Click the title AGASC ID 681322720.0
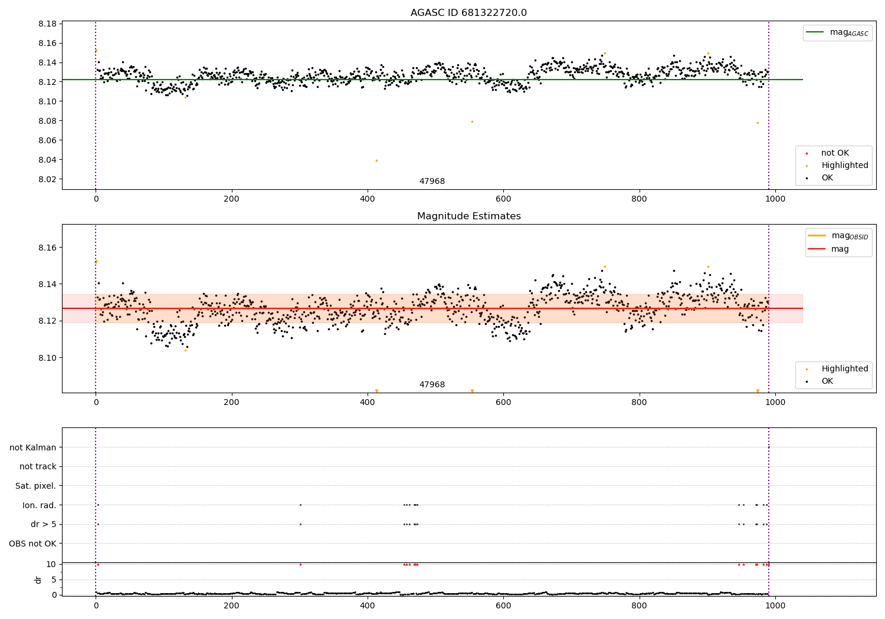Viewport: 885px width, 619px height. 468,13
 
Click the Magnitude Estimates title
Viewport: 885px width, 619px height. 468,216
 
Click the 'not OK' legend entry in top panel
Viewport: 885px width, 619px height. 835,153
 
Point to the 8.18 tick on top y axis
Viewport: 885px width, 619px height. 47,24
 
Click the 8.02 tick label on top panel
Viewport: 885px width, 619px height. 47,179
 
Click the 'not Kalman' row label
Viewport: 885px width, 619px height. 33,447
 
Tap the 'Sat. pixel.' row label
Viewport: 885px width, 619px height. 35,486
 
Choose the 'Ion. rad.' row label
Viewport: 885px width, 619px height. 39,505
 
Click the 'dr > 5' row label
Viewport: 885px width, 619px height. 43,524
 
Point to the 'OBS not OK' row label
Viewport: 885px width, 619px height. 32,544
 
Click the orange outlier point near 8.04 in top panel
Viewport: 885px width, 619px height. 376,160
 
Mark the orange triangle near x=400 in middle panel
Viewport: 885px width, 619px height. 376,391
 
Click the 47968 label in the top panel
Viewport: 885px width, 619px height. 432,182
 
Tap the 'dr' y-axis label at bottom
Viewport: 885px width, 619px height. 38,580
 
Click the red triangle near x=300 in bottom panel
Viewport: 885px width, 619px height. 300,564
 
